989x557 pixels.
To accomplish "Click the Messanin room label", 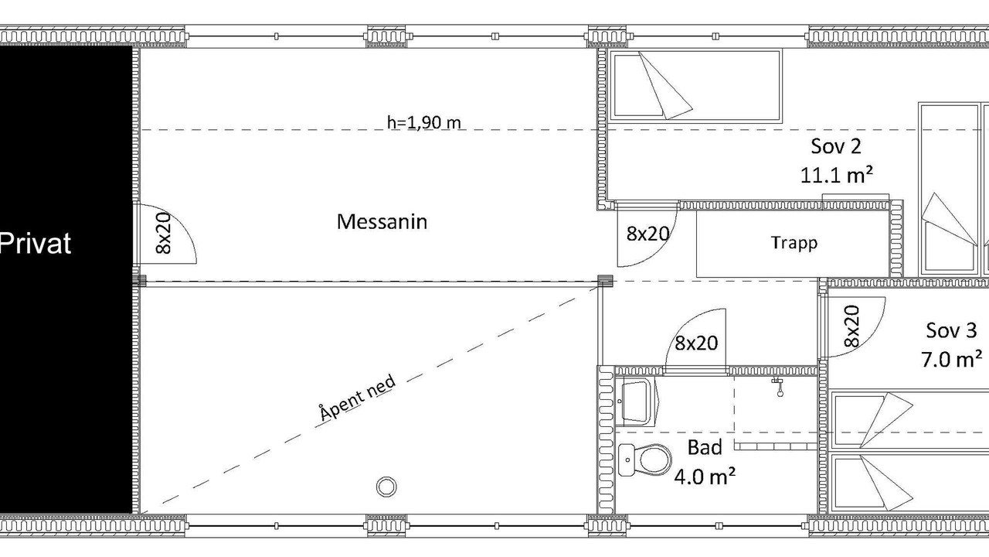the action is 382,221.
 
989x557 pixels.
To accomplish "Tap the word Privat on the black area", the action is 36,243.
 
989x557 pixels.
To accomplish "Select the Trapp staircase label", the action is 794,243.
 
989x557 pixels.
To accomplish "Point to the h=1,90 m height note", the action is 424,122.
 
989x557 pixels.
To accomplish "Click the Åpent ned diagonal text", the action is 357,398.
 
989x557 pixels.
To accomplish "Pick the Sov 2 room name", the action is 836,146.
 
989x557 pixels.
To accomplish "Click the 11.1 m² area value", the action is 836,175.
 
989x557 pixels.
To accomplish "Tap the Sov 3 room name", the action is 951,330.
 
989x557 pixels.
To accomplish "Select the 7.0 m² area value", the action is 951,359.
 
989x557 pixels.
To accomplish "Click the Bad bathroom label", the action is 705,447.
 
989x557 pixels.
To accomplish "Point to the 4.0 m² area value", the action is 705,477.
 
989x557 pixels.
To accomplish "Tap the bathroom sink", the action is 637,401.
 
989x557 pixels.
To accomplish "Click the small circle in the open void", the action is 386,487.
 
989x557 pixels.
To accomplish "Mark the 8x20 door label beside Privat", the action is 163,234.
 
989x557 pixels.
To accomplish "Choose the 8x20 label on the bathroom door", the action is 696,343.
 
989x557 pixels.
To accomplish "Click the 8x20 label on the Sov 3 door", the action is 852,326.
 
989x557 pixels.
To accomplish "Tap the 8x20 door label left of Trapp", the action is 647,234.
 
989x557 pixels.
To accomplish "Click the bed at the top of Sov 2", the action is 695,86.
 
